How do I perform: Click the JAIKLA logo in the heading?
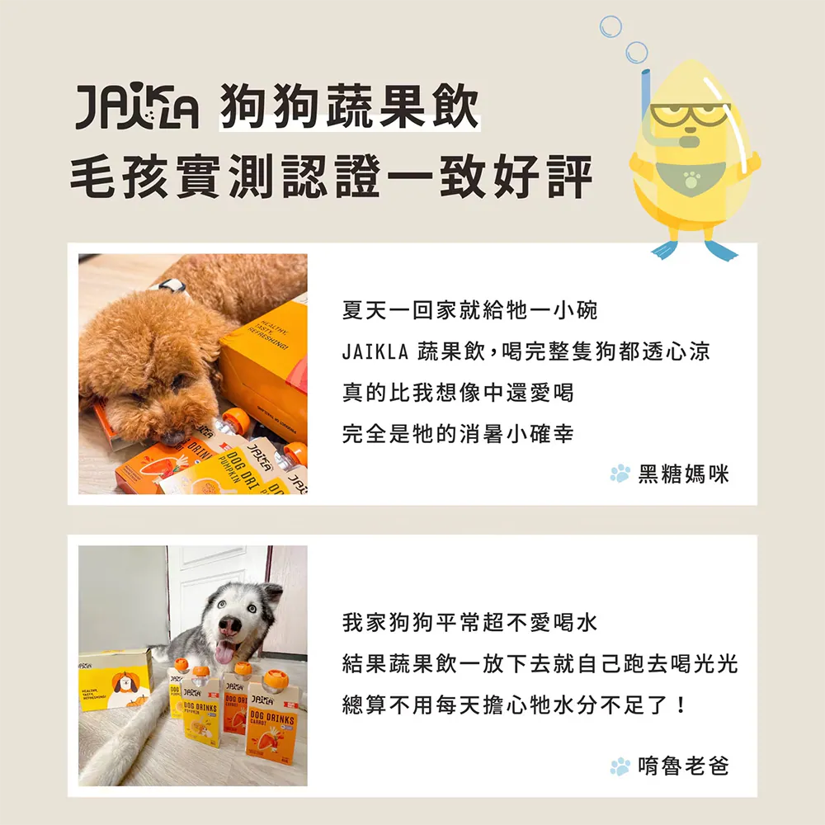(x=137, y=106)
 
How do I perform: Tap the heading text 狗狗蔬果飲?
(x=350, y=106)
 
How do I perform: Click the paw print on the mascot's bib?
(x=691, y=179)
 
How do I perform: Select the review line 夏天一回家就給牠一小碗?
(x=469, y=310)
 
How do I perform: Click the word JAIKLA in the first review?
(x=375, y=351)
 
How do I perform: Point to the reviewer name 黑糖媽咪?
(x=683, y=474)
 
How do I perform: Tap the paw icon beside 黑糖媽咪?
(x=620, y=474)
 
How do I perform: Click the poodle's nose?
(x=171, y=438)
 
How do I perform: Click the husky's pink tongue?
(x=224, y=653)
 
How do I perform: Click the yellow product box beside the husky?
(x=115, y=679)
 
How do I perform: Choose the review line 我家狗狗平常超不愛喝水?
(x=469, y=622)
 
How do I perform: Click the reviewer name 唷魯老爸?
(x=683, y=766)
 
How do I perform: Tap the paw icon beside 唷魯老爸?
(x=620, y=766)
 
